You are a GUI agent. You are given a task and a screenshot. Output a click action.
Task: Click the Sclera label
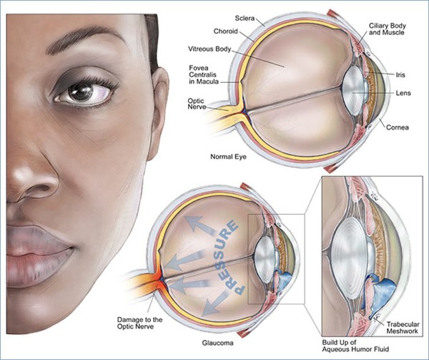(245, 19)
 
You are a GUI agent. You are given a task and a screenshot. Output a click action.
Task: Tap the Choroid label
(226, 31)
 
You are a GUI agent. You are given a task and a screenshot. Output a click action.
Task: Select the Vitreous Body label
(209, 49)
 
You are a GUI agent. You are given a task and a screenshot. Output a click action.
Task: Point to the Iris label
(400, 74)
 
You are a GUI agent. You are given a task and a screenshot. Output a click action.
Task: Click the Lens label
(403, 93)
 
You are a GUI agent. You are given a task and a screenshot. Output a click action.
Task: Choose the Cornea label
(398, 127)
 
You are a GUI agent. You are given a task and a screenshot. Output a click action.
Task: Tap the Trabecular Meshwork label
(403, 328)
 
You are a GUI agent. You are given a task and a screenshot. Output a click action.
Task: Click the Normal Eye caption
(228, 157)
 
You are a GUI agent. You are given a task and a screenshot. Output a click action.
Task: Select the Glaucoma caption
(217, 343)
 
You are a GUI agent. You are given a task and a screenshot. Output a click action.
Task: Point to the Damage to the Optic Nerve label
(139, 323)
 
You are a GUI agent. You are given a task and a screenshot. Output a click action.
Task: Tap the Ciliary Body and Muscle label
(387, 29)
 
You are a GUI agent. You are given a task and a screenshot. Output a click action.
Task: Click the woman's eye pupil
(81, 92)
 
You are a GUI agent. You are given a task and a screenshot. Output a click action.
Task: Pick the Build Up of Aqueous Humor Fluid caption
(355, 346)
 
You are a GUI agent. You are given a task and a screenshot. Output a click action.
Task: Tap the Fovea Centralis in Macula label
(204, 74)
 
